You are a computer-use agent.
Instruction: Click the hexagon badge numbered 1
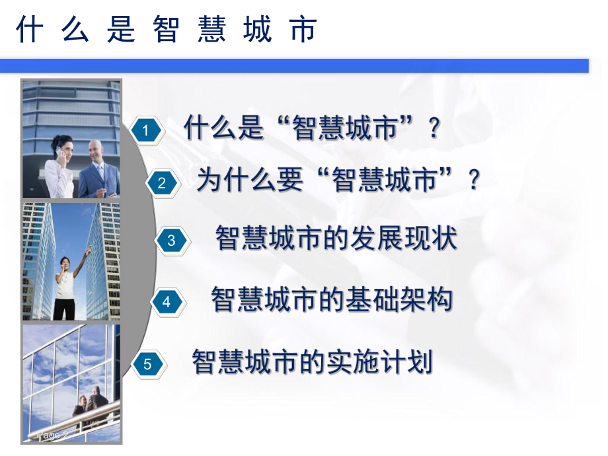pyautogui.click(x=145, y=131)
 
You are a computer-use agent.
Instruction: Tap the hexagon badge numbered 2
pyautogui.click(x=162, y=183)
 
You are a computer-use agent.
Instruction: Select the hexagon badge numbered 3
pyautogui.click(x=171, y=241)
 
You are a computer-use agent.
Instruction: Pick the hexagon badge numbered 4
pyautogui.click(x=167, y=302)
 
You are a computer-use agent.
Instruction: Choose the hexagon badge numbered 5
pyautogui.click(x=147, y=364)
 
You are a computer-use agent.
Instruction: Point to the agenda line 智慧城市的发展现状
pyautogui.click(x=336, y=239)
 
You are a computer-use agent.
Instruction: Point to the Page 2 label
pyautogui.click(x=53, y=436)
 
